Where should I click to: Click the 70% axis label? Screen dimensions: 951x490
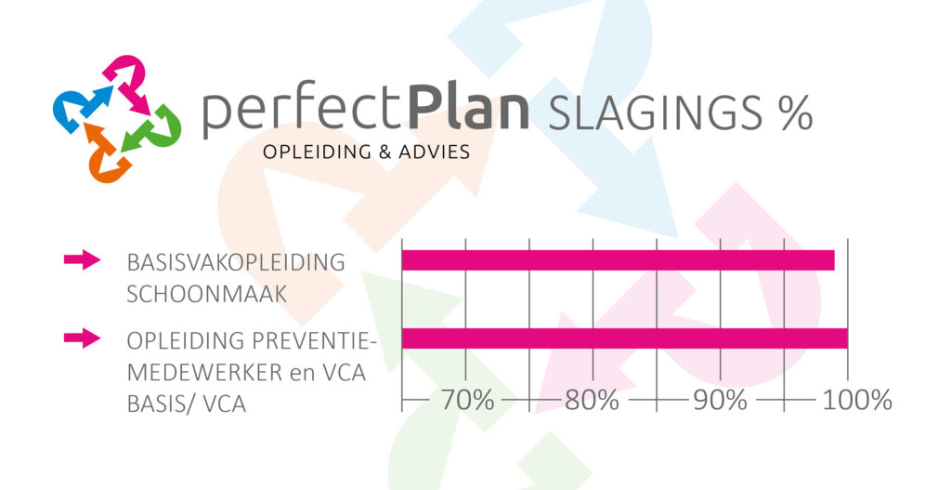click(467, 400)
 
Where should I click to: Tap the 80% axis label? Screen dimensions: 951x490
click(592, 400)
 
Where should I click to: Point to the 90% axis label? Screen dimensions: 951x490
click(720, 400)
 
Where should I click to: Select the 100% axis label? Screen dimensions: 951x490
click(857, 400)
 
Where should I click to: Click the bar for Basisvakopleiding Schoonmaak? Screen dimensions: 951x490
click(618, 260)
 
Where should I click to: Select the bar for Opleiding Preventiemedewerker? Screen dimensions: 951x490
click(625, 338)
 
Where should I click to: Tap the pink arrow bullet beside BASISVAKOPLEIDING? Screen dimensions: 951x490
click(82, 259)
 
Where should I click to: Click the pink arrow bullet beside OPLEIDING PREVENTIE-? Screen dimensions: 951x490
click(82, 338)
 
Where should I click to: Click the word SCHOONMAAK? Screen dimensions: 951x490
click(207, 295)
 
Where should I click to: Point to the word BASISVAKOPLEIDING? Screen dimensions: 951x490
click(236, 262)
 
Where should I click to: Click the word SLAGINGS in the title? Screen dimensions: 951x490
click(655, 113)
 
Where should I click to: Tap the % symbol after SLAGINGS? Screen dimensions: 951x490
click(796, 113)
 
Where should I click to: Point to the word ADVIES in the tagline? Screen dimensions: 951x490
click(435, 152)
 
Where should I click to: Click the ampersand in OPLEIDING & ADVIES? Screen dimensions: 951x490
click(384, 152)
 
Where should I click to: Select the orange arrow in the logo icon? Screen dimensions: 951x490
click(107, 153)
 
